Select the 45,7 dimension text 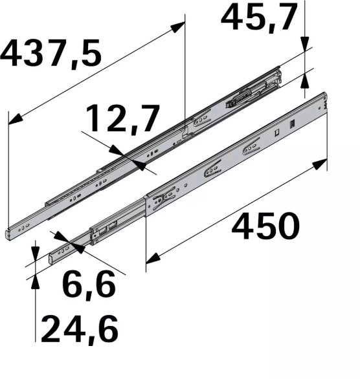pyautogui.click(x=259, y=19)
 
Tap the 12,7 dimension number pyautogui.click(x=123, y=120)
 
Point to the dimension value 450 pyautogui.click(x=266, y=226)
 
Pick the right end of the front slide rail pyautogui.click(x=324, y=103)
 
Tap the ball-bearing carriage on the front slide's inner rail pyautogui.click(x=104, y=230)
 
